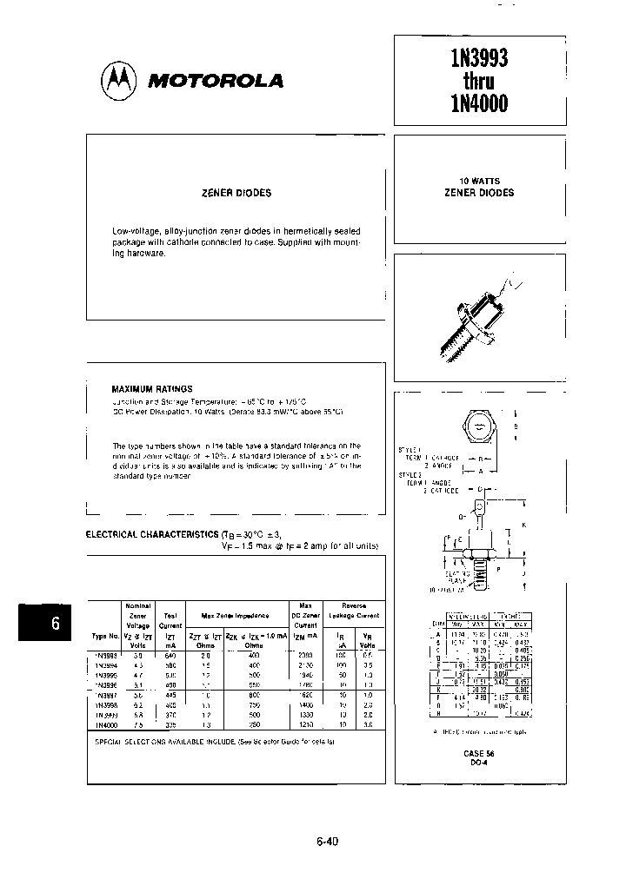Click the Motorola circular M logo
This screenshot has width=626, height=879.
119,81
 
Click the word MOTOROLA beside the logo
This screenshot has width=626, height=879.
216,82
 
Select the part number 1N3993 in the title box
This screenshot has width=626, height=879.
479,59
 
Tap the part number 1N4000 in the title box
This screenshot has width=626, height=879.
479,104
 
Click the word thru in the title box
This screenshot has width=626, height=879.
479,82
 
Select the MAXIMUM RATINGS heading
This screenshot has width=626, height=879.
152,389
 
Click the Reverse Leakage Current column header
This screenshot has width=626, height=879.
353,611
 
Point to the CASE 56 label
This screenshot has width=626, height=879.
478,754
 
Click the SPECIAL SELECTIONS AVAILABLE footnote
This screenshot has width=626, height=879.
213,743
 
